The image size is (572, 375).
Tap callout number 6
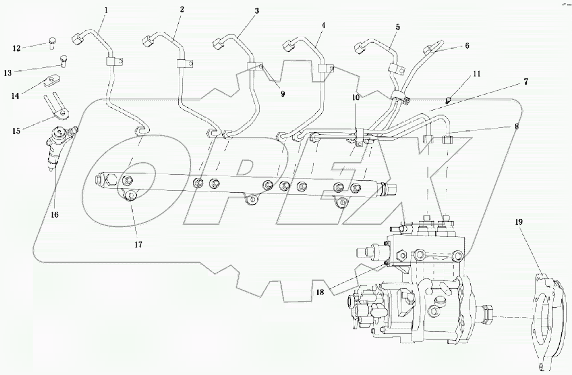coord(467,45)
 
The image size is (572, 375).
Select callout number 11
coord(477,74)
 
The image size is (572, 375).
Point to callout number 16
coord(54,214)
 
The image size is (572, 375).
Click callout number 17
coord(138,244)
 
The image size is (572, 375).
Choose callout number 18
coord(320,292)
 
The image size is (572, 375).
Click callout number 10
coord(356,98)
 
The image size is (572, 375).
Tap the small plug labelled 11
coord(448,99)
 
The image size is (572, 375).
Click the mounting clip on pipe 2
coord(183,63)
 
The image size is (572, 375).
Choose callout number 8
coord(517,126)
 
